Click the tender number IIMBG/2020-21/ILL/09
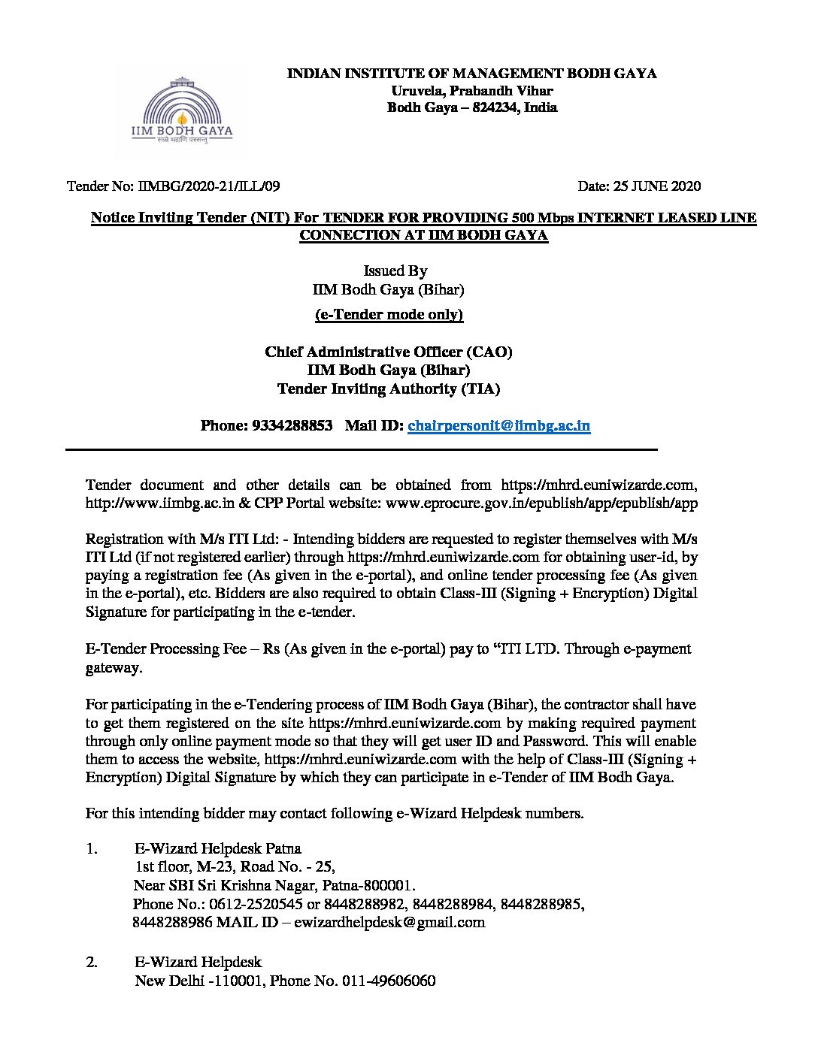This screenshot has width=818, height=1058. pyautogui.click(x=208, y=186)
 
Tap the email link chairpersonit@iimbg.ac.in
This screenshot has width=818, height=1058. pyautogui.click(x=498, y=426)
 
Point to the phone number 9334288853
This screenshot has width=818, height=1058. pyautogui.click(x=292, y=426)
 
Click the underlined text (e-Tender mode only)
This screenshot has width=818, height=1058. pyautogui.click(x=389, y=315)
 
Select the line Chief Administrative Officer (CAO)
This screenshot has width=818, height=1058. pyautogui.click(x=389, y=352)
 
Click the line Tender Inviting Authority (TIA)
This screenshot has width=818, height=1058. pyautogui.click(x=389, y=388)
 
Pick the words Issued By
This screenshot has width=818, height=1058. pyautogui.click(x=395, y=271)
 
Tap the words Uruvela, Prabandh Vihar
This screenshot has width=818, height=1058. pyautogui.click(x=471, y=90)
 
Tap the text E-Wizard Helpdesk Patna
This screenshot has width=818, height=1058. pyautogui.click(x=218, y=849)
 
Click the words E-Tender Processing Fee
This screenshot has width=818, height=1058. pyautogui.click(x=166, y=648)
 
